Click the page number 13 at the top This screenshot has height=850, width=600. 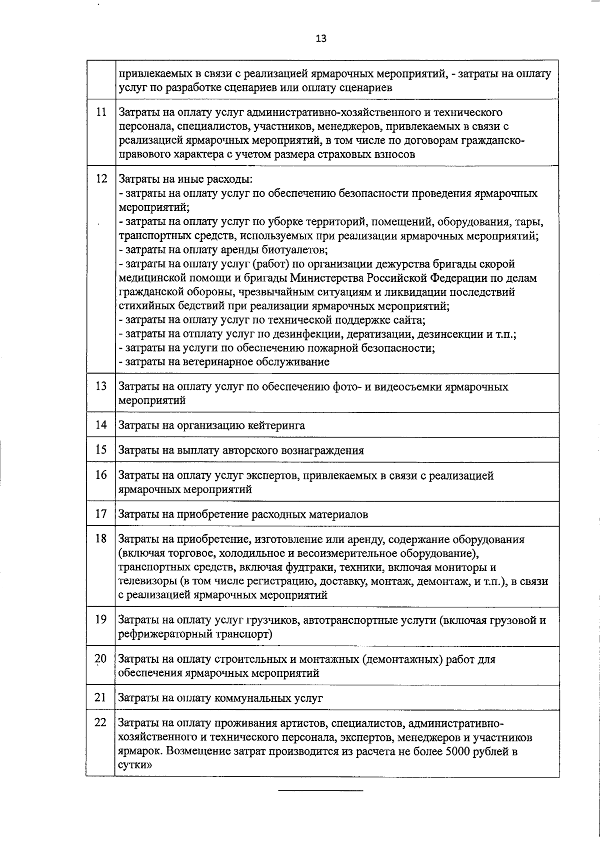pos(321,39)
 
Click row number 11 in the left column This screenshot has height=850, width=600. pos(100,112)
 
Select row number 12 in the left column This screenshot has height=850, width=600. pos(101,179)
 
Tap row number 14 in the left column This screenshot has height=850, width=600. pos(101,425)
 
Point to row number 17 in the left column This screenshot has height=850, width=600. pos(101,514)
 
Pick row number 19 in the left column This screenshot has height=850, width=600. pos(101,620)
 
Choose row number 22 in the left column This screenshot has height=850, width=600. pos(100,723)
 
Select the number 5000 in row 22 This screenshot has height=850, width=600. pos(457,752)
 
